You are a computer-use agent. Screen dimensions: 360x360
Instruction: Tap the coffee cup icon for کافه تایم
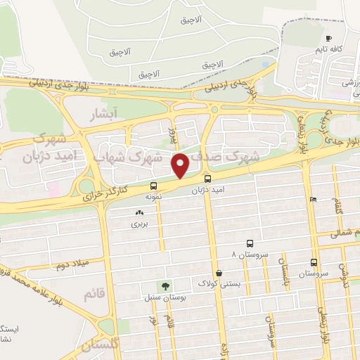pyautogui.click(x=328, y=38)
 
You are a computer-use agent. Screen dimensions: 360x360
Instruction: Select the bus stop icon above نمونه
pyautogui.click(x=153, y=186)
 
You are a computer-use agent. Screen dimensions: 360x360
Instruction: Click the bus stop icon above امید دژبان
pyautogui.click(x=207, y=179)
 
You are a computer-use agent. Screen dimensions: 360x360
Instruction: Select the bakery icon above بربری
pyautogui.click(x=138, y=212)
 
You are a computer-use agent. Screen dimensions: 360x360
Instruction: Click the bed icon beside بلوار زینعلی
pyautogui.click(x=313, y=199)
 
